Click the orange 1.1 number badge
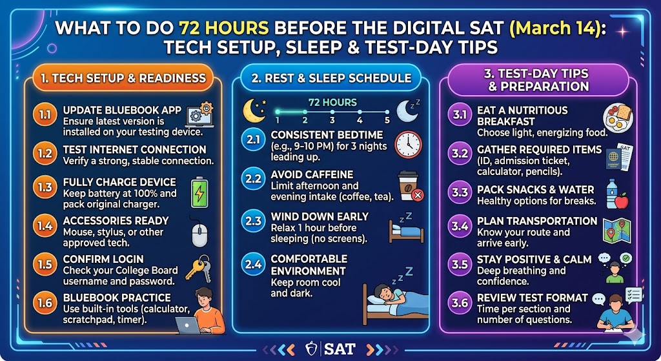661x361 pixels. [x=45, y=115]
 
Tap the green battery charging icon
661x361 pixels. [x=199, y=192]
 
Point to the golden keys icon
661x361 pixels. [x=198, y=268]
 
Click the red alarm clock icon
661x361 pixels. [x=408, y=145]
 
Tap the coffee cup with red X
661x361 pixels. [x=410, y=186]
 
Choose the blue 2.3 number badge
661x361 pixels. [x=253, y=222]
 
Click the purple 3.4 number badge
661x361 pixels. [x=460, y=227]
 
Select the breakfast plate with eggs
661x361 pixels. [x=618, y=118]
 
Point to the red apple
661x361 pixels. [x=622, y=201]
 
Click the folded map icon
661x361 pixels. [x=616, y=231]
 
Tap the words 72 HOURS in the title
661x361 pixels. [x=224, y=28]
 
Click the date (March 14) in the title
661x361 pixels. [x=557, y=28]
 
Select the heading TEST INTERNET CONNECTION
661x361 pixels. [x=134, y=150]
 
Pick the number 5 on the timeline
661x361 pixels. [x=387, y=121]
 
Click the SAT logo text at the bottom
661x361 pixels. [x=340, y=349]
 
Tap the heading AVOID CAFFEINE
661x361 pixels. [x=312, y=174]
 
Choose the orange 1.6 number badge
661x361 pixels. [x=45, y=304]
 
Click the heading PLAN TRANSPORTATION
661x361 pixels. [x=537, y=221]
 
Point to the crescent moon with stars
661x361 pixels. [x=254, y=110]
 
